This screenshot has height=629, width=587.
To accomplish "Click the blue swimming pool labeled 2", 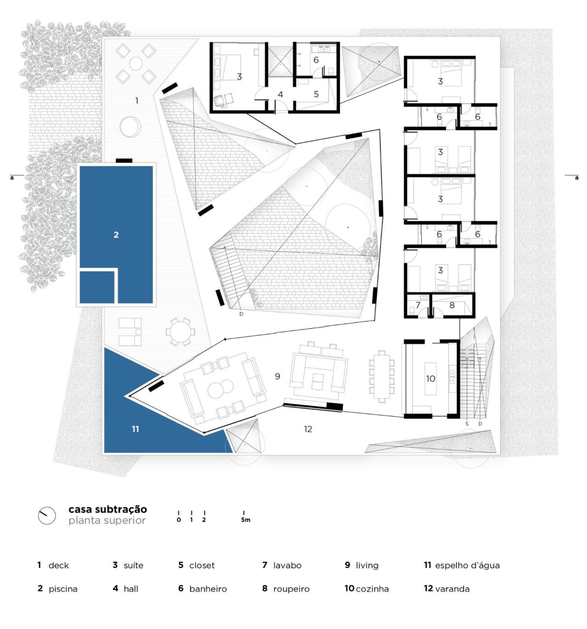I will (116, 215).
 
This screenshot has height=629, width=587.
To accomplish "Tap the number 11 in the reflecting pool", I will (135, 429).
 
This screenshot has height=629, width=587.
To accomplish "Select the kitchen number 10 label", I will (431, 379).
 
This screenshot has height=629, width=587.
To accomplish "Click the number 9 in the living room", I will (277, 376).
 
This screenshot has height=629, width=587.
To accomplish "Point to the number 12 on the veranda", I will (308, 429).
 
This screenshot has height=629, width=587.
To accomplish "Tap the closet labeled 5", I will (316, 94).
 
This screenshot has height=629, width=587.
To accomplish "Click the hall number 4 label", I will (280, 94).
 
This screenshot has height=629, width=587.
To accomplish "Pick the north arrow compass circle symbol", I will (47, 515).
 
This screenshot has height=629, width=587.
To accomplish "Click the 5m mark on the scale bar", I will (245, 520).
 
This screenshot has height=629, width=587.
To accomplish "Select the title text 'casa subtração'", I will (108, 509).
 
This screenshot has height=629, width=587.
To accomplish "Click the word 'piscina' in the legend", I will (63, 589).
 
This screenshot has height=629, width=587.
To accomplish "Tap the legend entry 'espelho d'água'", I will (467, 566).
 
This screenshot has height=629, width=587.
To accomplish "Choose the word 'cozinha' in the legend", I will (372, 589).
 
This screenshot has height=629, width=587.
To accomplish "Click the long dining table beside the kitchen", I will (382, 376).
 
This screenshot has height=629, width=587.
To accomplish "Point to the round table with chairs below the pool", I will (180, 331).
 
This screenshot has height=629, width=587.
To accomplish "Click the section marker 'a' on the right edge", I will (576, 177).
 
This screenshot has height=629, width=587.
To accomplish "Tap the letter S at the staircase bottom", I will (467, 424).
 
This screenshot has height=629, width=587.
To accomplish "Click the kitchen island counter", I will (431, 379).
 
